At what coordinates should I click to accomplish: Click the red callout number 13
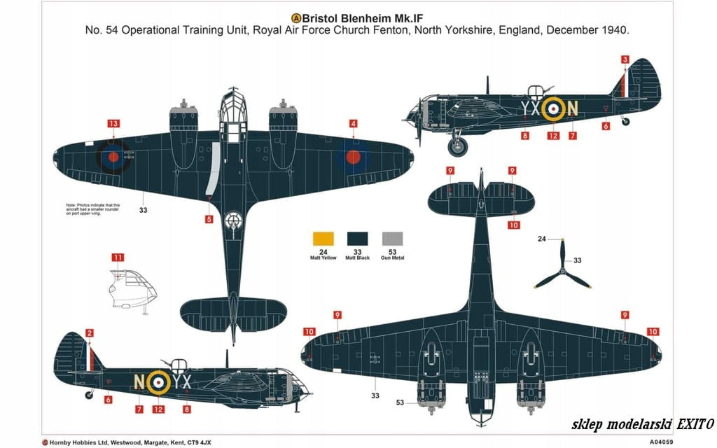pyautogui.click(x=113, y=124)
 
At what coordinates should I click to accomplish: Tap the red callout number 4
pyautogui.click(x=354, y=124)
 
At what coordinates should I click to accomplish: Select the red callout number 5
pyautogui.click(x=209, y=219)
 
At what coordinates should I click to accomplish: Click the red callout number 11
pyautogui.click(x=118, y=258)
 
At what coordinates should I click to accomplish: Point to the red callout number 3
pyautogui.click(x=625, y=60)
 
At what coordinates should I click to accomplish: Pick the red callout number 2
pyautogui.click(x=90, y=332)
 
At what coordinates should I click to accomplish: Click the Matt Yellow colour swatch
pyautogui.click(x=323, y=238)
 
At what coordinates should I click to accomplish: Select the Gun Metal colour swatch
pyautogui.click(x=393, y=238)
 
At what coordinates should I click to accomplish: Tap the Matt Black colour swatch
pyautogui.click(x=358, y=238)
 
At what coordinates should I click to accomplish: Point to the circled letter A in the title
pyautogui.click(x=296, y=17)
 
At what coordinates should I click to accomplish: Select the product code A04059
pyautogui.click(x=662, y=442)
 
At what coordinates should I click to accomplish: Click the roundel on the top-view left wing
pyautogui.click(x=113, y=156)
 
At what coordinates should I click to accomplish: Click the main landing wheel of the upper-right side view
pyautogui.click(x=457, y=146)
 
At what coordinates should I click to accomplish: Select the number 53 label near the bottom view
pyautogui.click(x=400, y=402)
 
